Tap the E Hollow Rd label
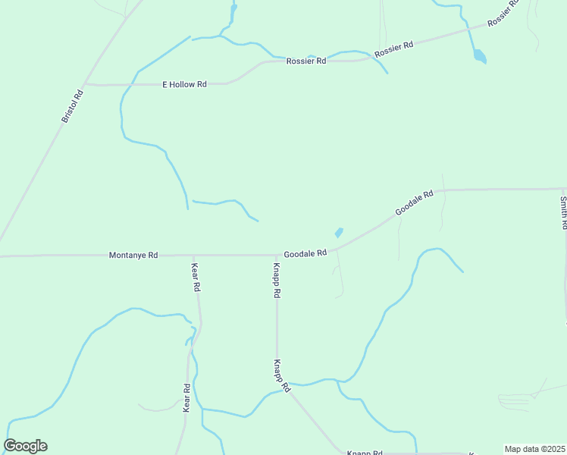point(184,84)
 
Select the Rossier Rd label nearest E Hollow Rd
point(306,61)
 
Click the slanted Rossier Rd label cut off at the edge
point(504,13)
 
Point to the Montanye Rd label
point(133,256)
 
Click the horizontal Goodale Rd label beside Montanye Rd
point(305,253)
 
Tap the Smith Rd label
point(563,213)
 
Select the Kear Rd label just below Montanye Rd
point(196,277)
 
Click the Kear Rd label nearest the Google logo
point(186,398)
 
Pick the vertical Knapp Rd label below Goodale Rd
point(277,281)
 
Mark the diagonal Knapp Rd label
point(282,375)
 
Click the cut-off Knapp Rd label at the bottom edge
point(364,452)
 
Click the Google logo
point(25,446)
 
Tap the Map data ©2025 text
point(534,449)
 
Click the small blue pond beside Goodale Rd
point(339,233)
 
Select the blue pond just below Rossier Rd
point(479,55)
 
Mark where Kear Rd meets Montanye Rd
point(193,256)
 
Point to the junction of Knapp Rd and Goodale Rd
point(277,255)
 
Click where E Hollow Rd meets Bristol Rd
point(85,83)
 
